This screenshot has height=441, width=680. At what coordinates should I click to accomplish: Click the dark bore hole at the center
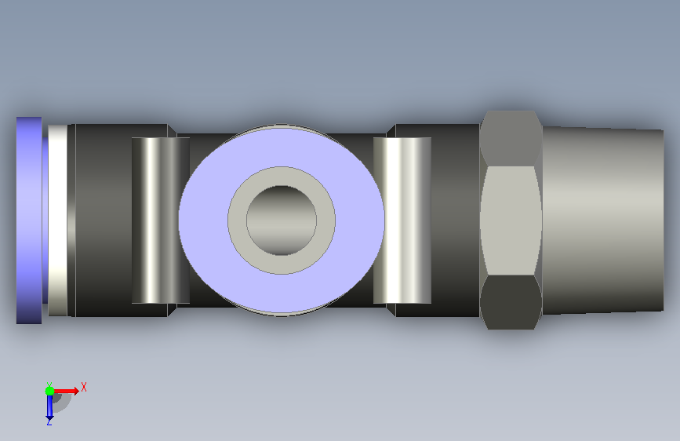[282, 220]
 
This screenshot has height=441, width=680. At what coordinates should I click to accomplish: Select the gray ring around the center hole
[237, 220]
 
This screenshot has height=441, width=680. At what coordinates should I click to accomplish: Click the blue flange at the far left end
[29, 220]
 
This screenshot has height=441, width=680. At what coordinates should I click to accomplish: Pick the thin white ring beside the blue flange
[58, 220]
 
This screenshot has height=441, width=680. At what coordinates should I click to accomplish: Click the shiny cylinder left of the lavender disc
[161, 220]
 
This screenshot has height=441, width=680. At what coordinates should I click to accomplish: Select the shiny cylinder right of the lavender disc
[402, 220]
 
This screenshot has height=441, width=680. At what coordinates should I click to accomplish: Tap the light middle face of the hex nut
[511, 220]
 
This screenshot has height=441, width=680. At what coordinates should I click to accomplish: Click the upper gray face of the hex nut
[511, 138]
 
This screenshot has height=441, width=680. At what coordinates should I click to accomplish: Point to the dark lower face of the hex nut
[511, 303]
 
